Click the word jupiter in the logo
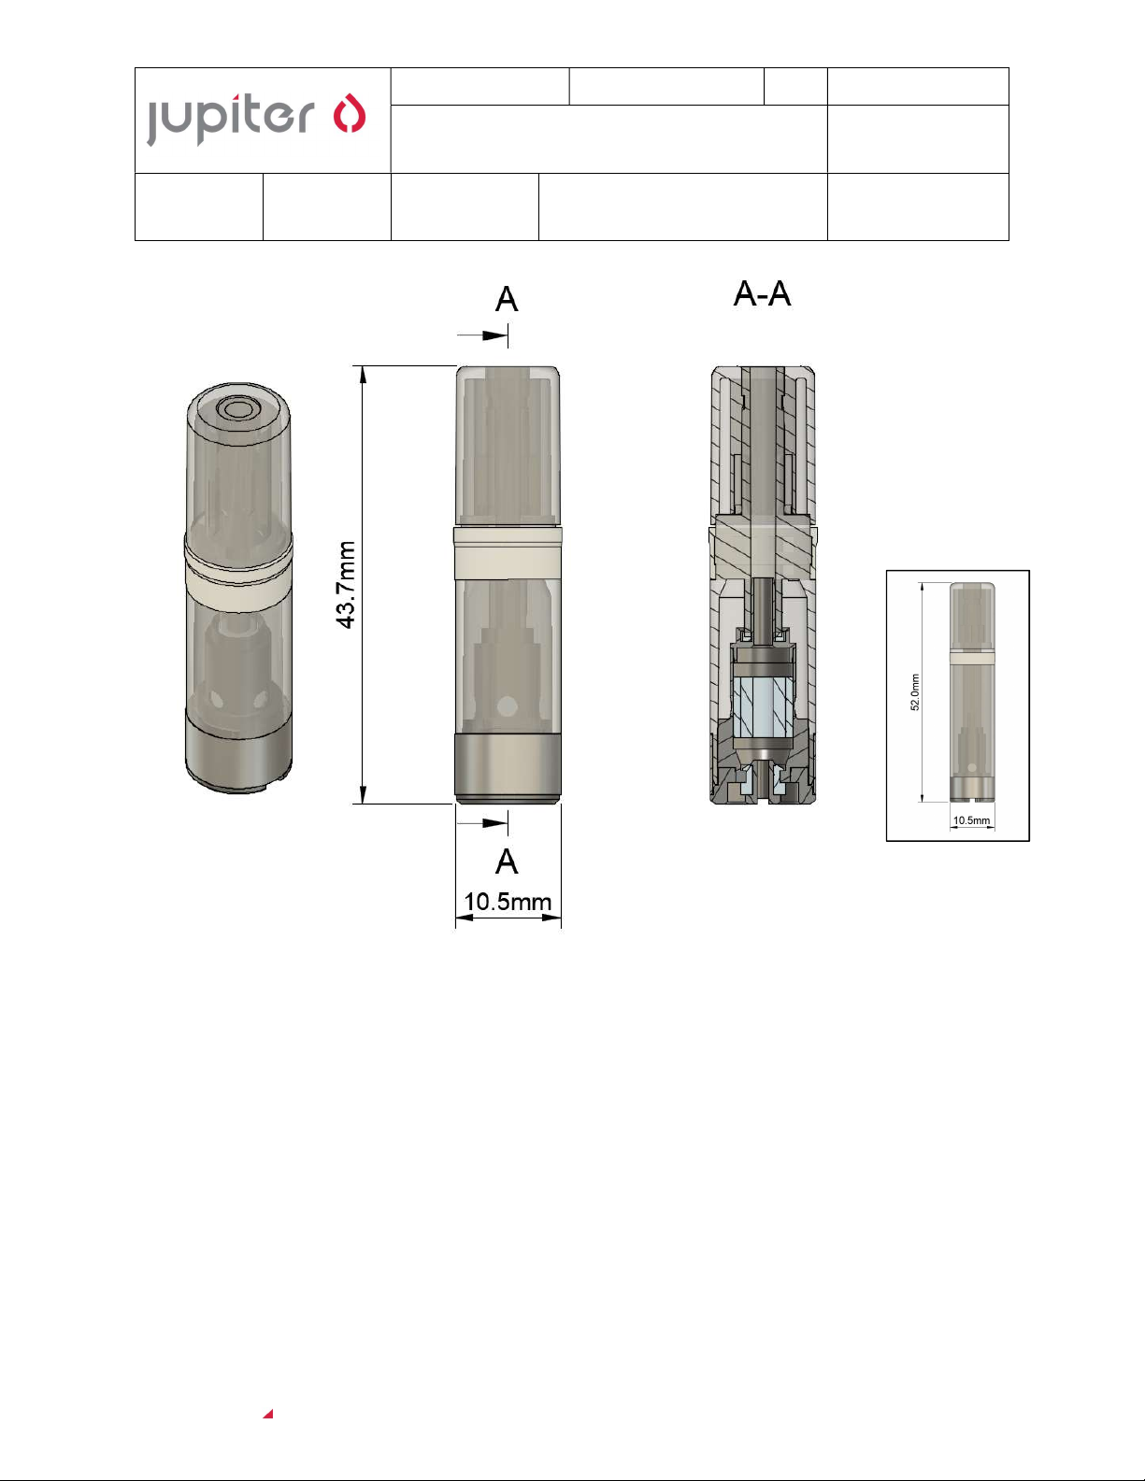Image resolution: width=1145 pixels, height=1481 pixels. click(230, 119)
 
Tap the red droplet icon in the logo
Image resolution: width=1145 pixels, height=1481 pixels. click(350, 114)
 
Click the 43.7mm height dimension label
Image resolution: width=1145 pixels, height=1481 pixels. click(347, 585)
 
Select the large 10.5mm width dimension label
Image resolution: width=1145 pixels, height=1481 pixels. click(508, 902)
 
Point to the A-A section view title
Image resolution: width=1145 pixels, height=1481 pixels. click(762, 294)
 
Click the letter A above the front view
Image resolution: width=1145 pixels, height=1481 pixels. click(507, 300)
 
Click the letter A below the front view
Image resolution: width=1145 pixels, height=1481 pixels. click(507, 862)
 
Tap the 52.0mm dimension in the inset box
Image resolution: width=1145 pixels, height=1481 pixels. click(915, 692)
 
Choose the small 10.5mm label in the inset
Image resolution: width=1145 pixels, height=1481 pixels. click(971, 820)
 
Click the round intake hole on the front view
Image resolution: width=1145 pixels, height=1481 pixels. click(508, 705)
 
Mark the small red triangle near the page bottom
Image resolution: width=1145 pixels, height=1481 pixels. click(268, 1414)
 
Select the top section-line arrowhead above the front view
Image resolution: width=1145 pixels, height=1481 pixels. click(494, 335)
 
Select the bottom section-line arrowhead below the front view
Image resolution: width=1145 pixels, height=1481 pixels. click(494, 822)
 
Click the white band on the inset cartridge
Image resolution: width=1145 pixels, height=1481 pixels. click(972, 658)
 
